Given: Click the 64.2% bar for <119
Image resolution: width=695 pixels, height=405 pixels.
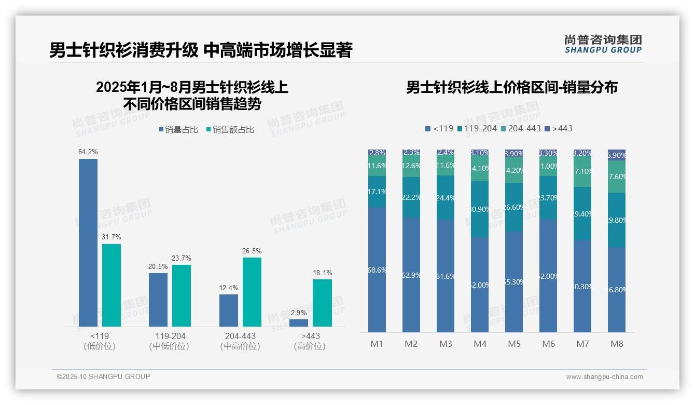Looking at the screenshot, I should pyautogui.click(x=88, y=242).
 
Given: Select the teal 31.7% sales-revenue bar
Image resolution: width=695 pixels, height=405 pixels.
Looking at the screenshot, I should pyautogui.click(x=112, y=285).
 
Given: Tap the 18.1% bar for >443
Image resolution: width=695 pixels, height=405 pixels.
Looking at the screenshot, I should pyautogui.click(x=322, y=303).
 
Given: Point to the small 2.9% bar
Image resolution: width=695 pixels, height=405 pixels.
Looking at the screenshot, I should pyautogui.click(x=299, y=323).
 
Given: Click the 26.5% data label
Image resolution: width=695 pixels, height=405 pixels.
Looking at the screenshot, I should pyautogui.click(x=252, y=251).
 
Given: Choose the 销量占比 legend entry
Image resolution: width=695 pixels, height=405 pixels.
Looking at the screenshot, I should pyautogui.click(x=178, y=130).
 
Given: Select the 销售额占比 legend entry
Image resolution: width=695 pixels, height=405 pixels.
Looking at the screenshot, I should pyautogui.click(x=230, y=130).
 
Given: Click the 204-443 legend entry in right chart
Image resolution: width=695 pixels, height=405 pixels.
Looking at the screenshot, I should pyautogui.click(x=521, y=128).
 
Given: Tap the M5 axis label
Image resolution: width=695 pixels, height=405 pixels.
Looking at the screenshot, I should pyautogui.click(x=514, y=344).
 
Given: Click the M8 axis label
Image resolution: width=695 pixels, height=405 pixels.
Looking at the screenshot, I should pyautogui.click(x=617, y=344).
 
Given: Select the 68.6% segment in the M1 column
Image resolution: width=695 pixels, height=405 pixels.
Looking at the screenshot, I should pyautogui.click(x=377, y=270).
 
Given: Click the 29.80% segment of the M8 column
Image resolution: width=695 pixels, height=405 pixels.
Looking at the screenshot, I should pyautogui.click(x=617, y=220).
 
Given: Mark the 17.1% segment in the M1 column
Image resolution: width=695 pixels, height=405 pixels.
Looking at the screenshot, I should pyautogui.click(x=377, y=192).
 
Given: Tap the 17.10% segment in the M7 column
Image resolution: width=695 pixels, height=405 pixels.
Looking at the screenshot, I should pyautogui.click(x=582, y=172).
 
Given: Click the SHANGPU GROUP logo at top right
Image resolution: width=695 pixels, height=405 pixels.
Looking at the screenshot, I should pyautogui.click(x=603, y=44).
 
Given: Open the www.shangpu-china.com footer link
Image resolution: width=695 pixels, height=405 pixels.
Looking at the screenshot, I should pyautogui.click(x=604, y=377).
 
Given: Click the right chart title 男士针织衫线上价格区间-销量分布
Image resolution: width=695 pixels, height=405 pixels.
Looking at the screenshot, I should pyautogui.click(x=511, y=88).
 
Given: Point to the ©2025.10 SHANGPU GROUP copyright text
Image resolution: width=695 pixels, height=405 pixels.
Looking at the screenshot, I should pyautogui.click(x=104, y=377).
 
